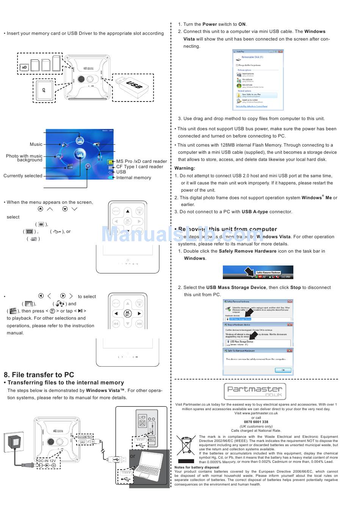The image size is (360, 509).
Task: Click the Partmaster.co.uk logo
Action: (x=255, y=391)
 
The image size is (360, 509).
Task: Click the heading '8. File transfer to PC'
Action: (x=39, y=375)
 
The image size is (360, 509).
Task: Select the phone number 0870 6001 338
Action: (x=256, y=422)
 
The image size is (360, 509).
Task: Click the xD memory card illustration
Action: (x=24, y=67)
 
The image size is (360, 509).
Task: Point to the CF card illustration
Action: (x=44, y=91)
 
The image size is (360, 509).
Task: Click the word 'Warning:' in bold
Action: (x=185, y=168)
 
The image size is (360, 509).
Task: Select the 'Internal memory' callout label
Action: (x=133, y=178)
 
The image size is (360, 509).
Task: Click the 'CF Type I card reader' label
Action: (x=139, y=167)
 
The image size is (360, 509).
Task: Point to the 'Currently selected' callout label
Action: (x=23, y=176)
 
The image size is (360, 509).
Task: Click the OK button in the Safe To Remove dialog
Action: (x=283, y=370)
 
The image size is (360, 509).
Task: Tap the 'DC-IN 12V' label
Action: (x=47, y=461)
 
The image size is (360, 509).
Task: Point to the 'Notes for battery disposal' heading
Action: (x=197, y=467)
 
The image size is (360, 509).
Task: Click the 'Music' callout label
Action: (x=36, y=144)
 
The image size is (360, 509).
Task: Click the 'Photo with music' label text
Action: (x=24, y=156)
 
